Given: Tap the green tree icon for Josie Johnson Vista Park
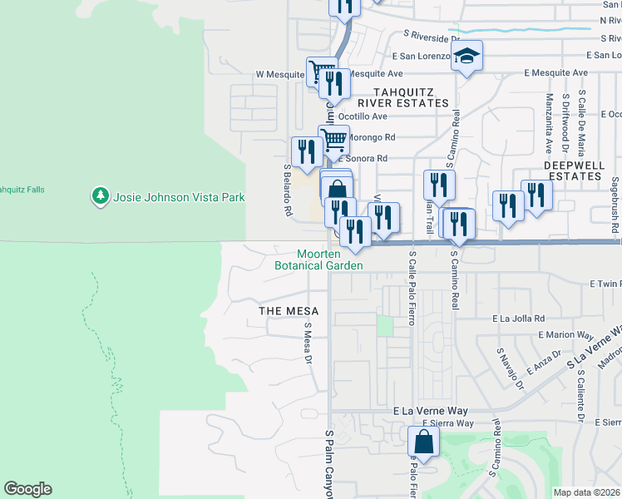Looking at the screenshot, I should (x=101, y=196).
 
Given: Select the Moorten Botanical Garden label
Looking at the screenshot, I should (x=319, y=259).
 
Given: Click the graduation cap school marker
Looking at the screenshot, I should (x=467, y=56).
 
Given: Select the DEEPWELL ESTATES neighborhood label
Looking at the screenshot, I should (x=573, y=170).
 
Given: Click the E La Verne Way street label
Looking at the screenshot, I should (x=431, y=412).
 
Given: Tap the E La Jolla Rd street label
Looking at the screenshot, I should (x=518, y=318).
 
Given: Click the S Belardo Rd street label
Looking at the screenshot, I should (x=287, y=190).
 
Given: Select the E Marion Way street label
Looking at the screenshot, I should (x=565, y=335).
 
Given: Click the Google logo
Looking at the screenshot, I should (x=27, y=489).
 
